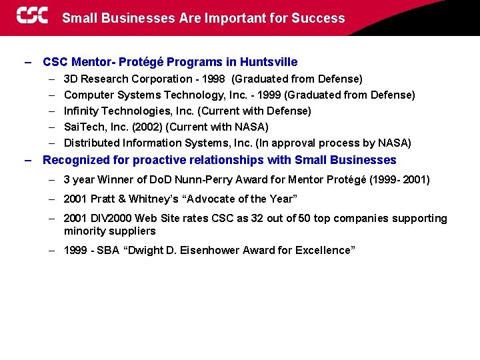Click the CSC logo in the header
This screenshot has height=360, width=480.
click(32, 16)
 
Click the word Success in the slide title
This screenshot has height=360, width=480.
click(323, 18)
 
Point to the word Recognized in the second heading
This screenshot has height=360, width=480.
click(73, 160)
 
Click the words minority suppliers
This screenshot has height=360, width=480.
click(109, 231)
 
